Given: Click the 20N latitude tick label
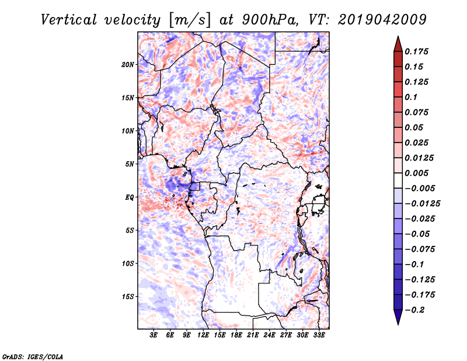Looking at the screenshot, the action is pyautogui.click(x=128, y=65).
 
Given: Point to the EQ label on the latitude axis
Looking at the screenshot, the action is pyautogui.click(x=130, y=197).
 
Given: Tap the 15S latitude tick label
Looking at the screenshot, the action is pyautogui.click(x=128, y=297).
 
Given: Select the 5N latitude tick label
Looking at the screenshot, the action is pyautogui.click(x=130, y=164).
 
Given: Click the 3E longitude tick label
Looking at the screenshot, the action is pyautogui.click(x=154, y=335).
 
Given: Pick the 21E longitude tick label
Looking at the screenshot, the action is pyautogui.click(x=253, y=335).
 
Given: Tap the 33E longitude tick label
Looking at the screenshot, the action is pyautogui.click(x=319, y=335).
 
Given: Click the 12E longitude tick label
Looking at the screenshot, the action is pyautogui.click(x=203, y=335).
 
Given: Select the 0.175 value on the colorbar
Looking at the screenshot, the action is pyautogui.click(x=416, y=51).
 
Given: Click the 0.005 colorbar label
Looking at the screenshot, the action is pyautogui.click(x=416, y=173).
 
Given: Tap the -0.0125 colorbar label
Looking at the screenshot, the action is pyautogui.click(x=422, y=204).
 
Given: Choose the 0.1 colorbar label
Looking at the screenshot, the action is pyautogui.click(x=411, y=97).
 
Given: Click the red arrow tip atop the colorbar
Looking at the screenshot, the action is pyautogui.click(x=398, y=37).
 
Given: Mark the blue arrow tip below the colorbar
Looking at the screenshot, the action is pyautogui.click(x=398, y=324).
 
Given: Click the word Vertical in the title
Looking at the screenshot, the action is pyautogui.click(x=69, y=20).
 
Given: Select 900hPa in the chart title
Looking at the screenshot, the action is pyautogui.click(x=270, y=20).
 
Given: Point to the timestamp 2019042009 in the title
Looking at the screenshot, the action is pyautogui.click(x=382, y=20).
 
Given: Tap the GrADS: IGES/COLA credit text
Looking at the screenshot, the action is pyautogui.click(x=33, y=356).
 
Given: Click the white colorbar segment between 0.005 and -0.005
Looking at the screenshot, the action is pyautogui.click(x=398, y=180).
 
